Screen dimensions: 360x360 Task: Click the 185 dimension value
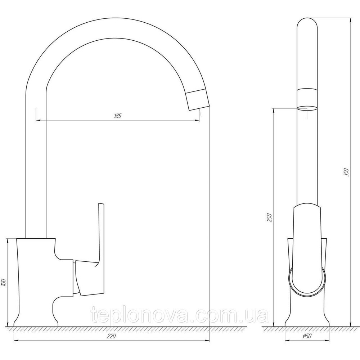pyautogui.click(x=117, y=116)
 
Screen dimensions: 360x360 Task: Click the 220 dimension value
pyautogui.click(x=111, y=337)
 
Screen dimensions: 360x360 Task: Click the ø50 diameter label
pyautogui.click(x=307, y=336)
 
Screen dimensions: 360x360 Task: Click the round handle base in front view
pyautogui.click(x=307, y=282)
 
